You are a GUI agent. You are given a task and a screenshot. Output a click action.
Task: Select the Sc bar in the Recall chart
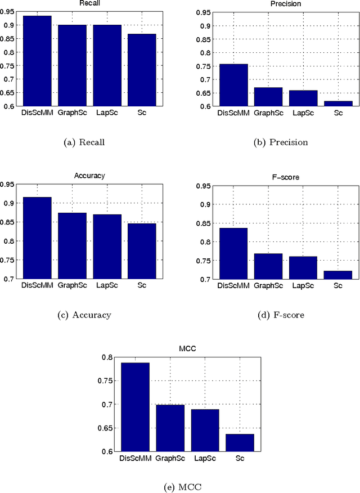point(141,70)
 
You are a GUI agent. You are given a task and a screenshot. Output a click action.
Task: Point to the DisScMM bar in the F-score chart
point(233,253)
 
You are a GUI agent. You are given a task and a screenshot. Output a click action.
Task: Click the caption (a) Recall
point(84,142)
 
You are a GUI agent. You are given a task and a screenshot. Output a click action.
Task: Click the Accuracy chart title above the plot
point(89,176)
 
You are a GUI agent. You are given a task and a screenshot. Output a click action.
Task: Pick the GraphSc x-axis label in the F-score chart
point(268,285)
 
